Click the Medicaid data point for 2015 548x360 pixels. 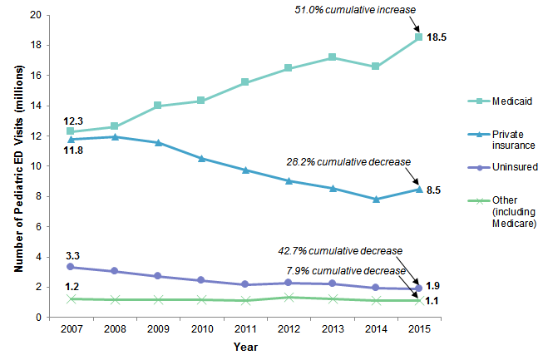click(x=419, y=37)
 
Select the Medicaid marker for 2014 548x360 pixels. click(x=375, y=66)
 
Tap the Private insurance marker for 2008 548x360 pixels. click(x=114, y=136)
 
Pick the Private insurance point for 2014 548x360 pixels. click(x=375, y=199)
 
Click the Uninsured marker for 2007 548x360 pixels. click(x=71, y=267)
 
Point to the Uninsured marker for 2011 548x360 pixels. click(x=244, y=284)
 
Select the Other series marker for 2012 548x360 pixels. click(x=288, y=297)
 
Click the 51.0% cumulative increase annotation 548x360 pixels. click(x=355, y=10)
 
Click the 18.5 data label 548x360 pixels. click(x=438, y=37)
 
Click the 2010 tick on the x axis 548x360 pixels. click(x=201, y=330)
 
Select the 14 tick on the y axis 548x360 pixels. click(x=37, y=106)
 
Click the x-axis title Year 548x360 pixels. click(x=244, y=347)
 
